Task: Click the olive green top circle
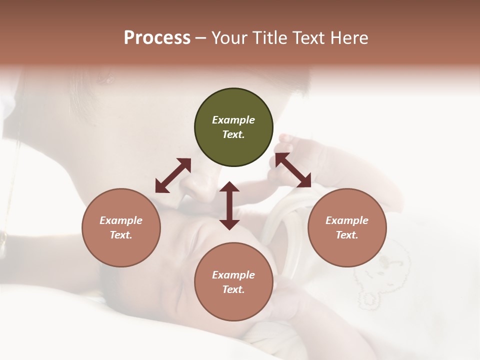pos(233,127)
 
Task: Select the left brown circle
pos(121,227)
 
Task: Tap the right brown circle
pos(347,227)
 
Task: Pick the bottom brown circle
pos(233,282)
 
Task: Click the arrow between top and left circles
pos(173,175)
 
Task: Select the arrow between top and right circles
pos(293,170)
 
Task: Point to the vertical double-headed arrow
pos(229,205)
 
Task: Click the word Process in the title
pos(157,38)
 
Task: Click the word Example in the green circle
pos(233,120)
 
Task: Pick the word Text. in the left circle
pos(121,235)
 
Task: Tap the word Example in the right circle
pos(347,220)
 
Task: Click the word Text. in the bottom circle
pos(233,289)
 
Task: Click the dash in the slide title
pos(200,38)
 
